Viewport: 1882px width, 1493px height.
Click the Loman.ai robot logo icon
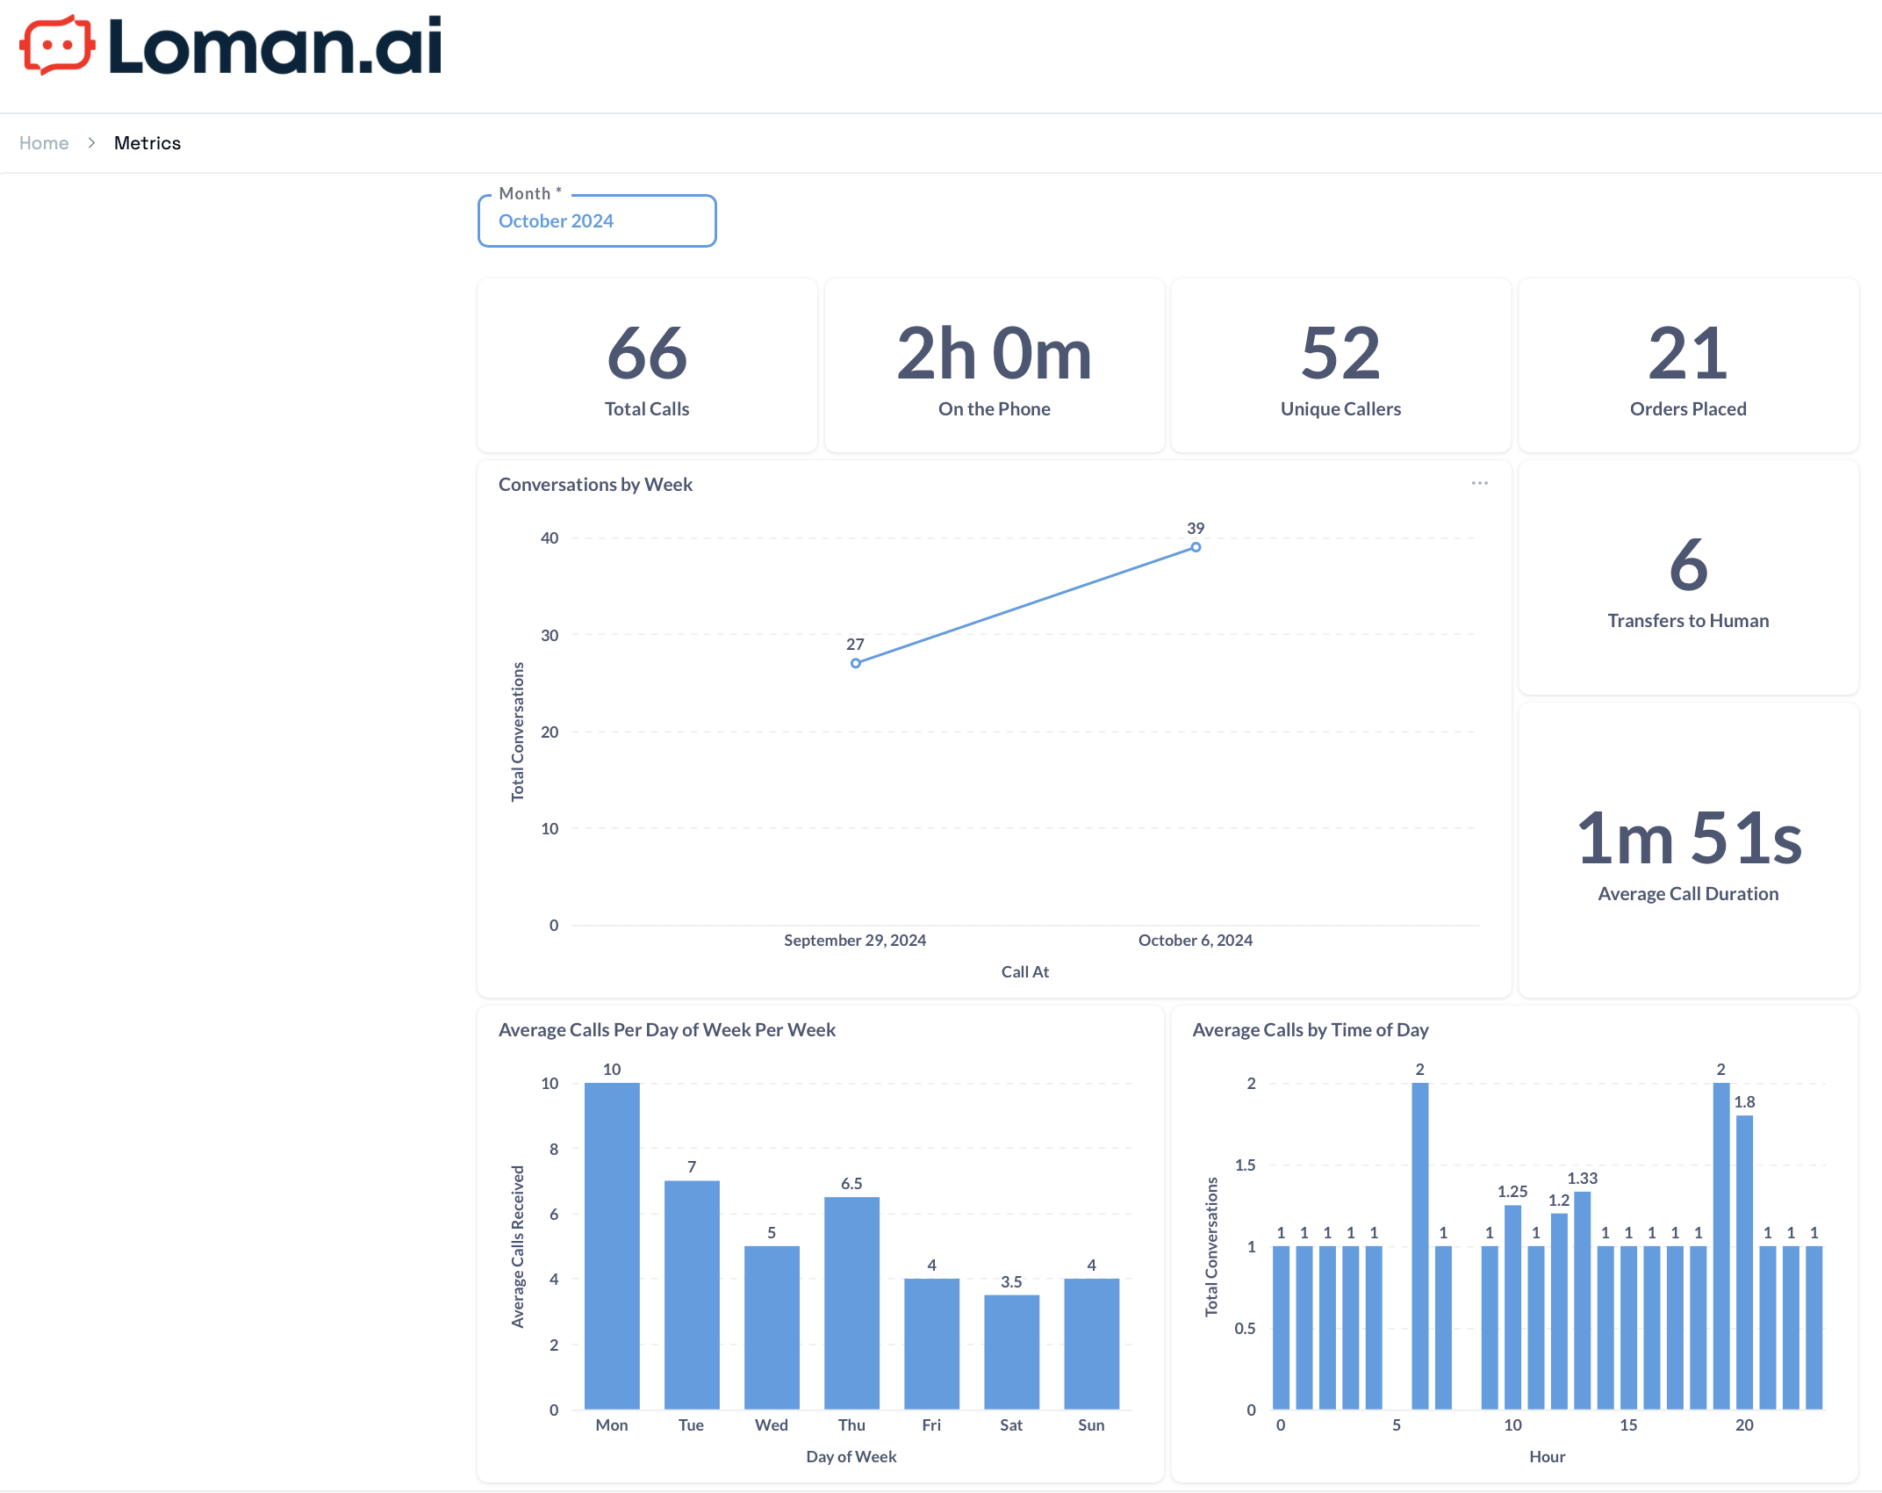tap(57, 45)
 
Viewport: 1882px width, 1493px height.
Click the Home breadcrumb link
tap(44, 143)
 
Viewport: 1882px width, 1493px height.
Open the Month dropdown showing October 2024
tap(597, 221)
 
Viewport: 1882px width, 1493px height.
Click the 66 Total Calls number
tap(647, 353)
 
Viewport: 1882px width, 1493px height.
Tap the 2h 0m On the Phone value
tap(994, 353)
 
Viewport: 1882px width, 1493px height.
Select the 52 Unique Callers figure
tap(1340, 353)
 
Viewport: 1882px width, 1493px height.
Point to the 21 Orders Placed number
tap(1688, 353)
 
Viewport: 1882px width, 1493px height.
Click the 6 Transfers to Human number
tap(1688, 565)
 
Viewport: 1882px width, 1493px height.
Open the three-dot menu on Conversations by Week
tap(1480, 483)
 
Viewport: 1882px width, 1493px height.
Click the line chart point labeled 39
tap(1196, 547)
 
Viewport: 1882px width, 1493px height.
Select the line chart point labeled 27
tap(856, 663)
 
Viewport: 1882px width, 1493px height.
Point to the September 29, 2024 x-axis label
tap(855, 941)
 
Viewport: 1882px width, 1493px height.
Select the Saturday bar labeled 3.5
tap(1011, 1352)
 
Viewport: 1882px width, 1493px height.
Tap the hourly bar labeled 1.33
tap(1583, 1300)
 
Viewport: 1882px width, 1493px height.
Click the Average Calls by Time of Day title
tap(1311, 1030)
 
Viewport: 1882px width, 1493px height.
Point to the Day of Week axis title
tap(851, 1457)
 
